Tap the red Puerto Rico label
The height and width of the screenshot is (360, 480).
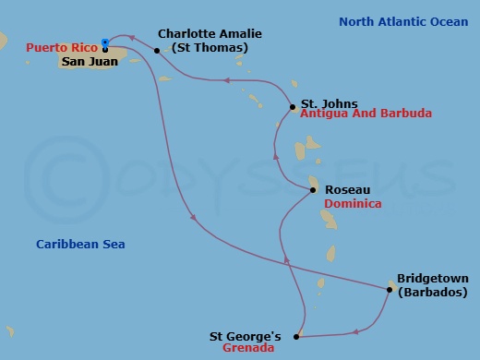pyautogui.click(x=63, y=47)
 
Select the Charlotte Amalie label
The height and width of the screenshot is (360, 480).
pyautogui.click(x=210, y=33)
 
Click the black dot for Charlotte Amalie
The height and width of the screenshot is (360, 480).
pyautogui.click(x=157, y=51)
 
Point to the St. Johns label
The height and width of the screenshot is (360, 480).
pyautogui.click(x=330, y=103)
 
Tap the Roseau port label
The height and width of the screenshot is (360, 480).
pyautogui.click(x=349, y=189)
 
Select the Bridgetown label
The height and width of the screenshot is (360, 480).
pyautogui.click(x=432, y=278)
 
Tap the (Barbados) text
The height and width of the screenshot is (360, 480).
pyautogui.click(x=432, y=292)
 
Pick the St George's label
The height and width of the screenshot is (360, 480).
pyautogui.click(x=246, y=336)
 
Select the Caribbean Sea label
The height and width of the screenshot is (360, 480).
pyautogui.click(x=80, y=245)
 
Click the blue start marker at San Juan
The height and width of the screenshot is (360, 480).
pyautogui.click(x=105, y=42)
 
